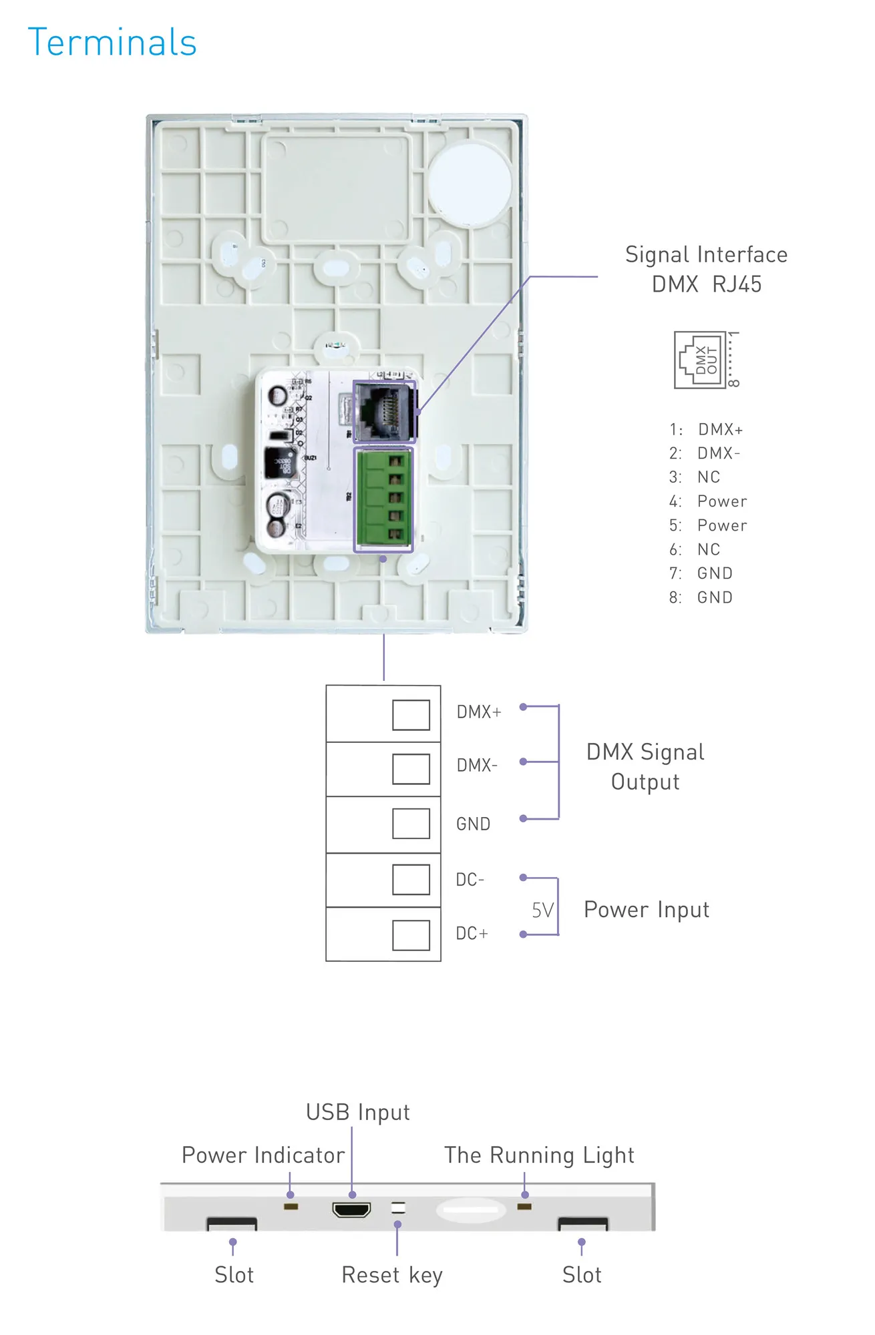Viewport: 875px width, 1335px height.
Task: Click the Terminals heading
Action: [x=112, y=43]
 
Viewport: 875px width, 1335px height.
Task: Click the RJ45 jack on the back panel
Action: [x=383, y=411]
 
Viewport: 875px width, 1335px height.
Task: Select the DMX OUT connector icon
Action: [x=701, y=360]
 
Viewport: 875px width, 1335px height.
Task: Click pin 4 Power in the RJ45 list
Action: [x=708, y=501]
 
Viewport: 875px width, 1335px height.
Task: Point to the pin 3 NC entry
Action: [x=695, y=477]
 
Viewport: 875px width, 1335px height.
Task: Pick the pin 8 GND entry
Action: [x=701, y=597]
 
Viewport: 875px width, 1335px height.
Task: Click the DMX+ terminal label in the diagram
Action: [x=478, y=712]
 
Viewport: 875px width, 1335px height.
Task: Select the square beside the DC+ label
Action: [x=411, y=935]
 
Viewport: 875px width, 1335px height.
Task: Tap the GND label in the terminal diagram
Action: [x=473, y=824]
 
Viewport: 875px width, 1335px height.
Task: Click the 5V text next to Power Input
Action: [x=542, y=910]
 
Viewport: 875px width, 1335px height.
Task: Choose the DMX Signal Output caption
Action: [x=645, y=767]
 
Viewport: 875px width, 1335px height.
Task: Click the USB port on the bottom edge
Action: [x=351, y=1209]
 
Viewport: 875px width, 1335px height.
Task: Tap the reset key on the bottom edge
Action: [x=398, y=1208]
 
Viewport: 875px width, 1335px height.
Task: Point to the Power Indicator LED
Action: [x=291, y=1207]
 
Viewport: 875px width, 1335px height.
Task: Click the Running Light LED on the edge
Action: [x=525, y=1207]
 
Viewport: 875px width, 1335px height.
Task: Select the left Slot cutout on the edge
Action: [x=232, y=1224]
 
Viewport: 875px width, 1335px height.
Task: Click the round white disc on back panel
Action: [x=470, y=185]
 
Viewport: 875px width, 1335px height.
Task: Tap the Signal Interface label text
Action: [x=706, y=255]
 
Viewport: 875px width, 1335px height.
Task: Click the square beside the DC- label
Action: [x=411, y=880]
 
